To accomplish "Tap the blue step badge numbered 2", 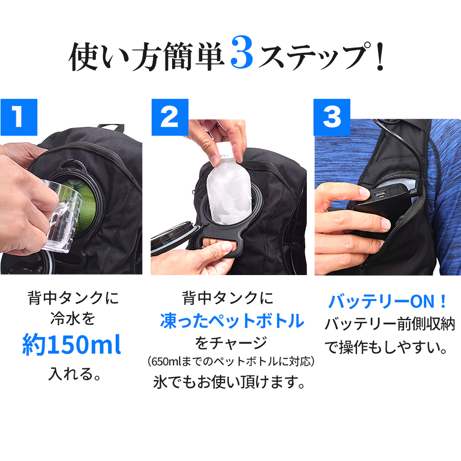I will [170, 117].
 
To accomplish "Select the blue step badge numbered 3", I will [331, 117].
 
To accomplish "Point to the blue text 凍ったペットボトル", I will [232, 321].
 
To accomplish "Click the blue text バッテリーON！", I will [388, 301].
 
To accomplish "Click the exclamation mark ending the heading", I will [379, 57].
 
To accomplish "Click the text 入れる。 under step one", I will [72, 373].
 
